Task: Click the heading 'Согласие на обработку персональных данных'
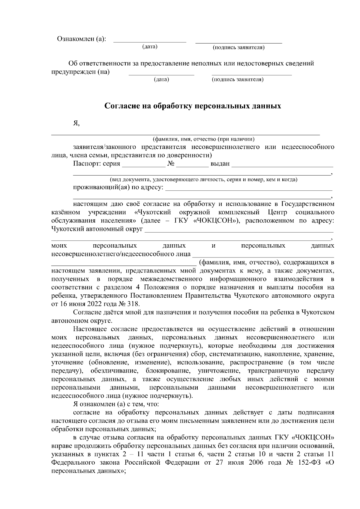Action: tap(193, 106)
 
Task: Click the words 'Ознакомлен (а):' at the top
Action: tap(81, 39)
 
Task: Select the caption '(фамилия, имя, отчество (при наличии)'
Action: tap(204, 139)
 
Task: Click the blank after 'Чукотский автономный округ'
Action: tap(239, 231)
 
